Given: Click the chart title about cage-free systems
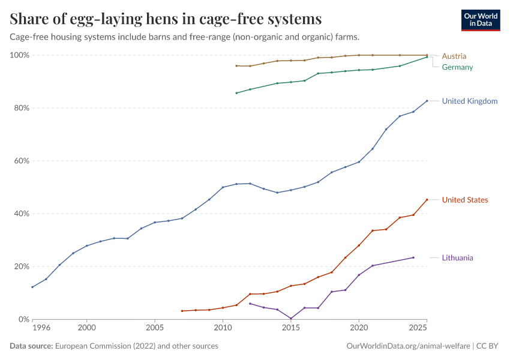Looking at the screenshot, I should coord(166,19).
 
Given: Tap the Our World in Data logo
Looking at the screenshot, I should coord(480,20).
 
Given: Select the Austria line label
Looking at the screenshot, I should coord(454,56).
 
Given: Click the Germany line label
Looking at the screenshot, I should coord(457,67).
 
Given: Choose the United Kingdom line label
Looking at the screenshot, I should coord(469,101).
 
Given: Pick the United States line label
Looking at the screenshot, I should coord(464,200).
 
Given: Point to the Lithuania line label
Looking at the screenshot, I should coord(457,258).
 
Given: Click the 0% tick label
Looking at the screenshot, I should coord(22,319).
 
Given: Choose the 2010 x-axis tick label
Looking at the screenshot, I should coord(223,329).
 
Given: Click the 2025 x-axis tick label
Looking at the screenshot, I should coord(419,329).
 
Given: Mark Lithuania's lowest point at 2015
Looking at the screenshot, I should coord(291,319).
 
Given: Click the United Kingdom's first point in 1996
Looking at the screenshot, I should coord(32,287).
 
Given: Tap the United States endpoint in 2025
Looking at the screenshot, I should coord(427,200).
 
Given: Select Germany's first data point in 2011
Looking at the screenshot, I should coord(236,93).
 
